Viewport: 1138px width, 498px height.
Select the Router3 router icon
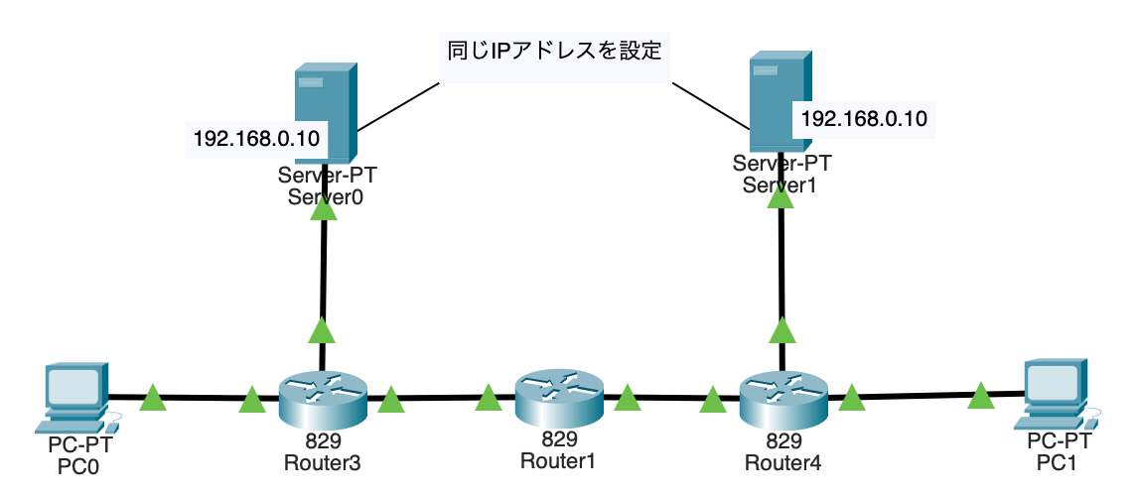click(322, 396)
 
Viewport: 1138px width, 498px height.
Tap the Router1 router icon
click(558, 394)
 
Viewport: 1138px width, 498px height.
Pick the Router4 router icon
click(783, 396)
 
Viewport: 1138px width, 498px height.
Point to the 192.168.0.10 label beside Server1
click(863, 119)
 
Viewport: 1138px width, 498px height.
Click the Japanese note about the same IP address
click(553, 49)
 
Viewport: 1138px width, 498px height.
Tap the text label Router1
click(557, 460)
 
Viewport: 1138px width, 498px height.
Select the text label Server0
click(326, 196)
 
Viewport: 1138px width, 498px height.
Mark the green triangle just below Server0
click(325, 209)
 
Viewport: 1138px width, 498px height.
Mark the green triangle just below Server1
click(782, 196)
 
